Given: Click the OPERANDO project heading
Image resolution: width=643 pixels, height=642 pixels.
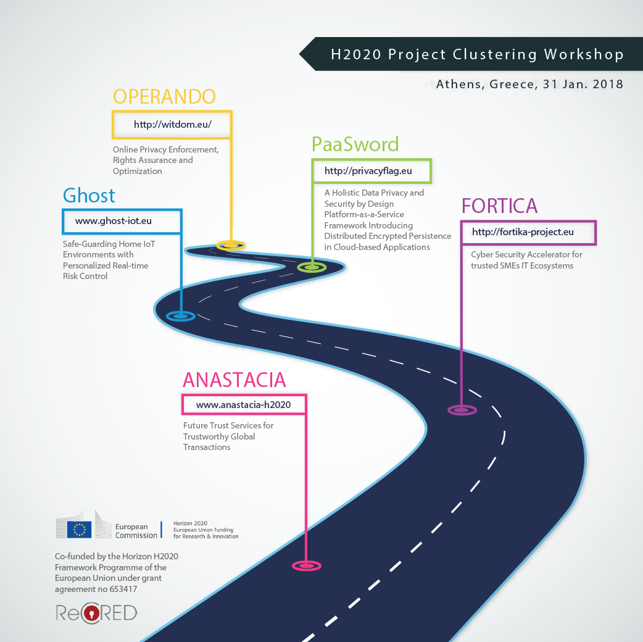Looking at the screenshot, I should [x=164, y=96].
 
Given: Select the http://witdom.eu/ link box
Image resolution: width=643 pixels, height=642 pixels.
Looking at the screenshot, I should [x=172, y=124].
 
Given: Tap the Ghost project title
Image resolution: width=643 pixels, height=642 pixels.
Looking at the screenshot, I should [x=89, y=196].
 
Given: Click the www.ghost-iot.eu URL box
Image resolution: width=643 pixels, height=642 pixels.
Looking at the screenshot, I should [x=122, y=220].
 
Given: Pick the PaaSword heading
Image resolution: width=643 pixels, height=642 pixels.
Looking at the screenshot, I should [x=355, y=144].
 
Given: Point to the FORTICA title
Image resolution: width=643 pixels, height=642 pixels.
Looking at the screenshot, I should [x=499, y=205].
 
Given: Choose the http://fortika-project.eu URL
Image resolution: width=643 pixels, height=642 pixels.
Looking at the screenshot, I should [x=528, y=232].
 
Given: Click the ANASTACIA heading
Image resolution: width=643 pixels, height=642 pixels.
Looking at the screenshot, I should [x=234, y=380].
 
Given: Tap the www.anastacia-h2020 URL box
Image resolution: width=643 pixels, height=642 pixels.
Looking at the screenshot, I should [x=244, y=405].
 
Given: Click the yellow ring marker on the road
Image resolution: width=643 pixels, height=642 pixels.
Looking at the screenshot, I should [x=231, y=246].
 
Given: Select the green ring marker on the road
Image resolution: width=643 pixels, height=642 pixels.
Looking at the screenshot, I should [x=312, y=267].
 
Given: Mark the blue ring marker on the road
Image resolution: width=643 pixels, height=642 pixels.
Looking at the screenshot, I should [x=180, y=316].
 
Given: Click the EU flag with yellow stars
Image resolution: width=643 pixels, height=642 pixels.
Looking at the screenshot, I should [x=79, y=529].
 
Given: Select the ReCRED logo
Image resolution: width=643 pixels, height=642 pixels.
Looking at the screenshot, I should [x=96, y=613].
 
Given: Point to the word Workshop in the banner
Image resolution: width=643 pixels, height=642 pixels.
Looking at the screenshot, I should [x=583, y=54].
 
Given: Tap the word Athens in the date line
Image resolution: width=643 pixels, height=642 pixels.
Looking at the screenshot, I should [x=460, y=85].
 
